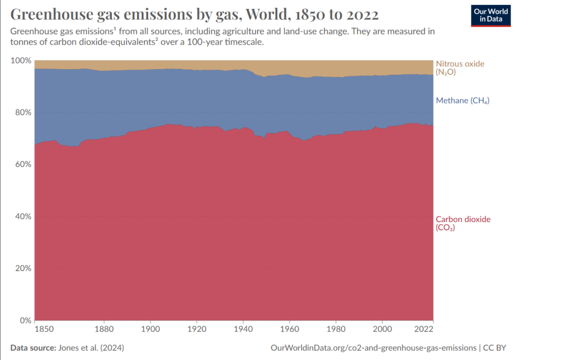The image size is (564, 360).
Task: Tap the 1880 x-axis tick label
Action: (104, 330)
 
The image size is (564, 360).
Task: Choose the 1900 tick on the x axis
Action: (150, 330)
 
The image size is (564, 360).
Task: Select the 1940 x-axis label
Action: (243, 330)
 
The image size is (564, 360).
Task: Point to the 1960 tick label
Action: (289, 330)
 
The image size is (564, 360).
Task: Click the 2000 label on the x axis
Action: (382, 330)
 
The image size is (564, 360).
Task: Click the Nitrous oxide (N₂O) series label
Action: (460, 68)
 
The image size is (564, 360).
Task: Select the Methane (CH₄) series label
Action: (463, 101)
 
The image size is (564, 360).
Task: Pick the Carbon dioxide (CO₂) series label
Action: (463, 223)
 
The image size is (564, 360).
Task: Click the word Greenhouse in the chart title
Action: (50, 13)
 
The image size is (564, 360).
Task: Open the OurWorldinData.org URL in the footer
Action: (374, 348)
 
